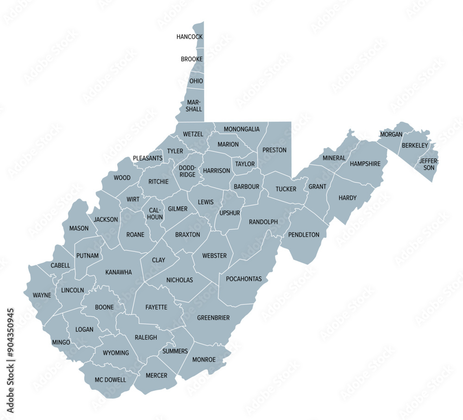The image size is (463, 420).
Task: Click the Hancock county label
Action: coord(190,37)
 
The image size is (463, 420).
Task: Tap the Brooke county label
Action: coord(192,59)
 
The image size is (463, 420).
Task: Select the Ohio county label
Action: coord(196,81)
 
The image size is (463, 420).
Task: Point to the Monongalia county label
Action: coord(242,129)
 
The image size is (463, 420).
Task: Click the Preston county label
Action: coord(275,150)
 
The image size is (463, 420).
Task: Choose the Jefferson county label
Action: coord(429,164)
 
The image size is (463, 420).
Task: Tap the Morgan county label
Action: coord(391,135)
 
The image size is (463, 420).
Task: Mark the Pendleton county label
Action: coord(304,235)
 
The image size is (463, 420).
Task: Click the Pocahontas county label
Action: coord(244,279)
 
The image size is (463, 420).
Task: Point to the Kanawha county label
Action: coord(119,272)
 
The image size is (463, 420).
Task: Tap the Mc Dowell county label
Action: coord(110,380)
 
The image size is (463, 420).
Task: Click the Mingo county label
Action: coord(61,342)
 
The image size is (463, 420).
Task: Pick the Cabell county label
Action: coord(61,266)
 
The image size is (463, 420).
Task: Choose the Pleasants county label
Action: coord(148,158)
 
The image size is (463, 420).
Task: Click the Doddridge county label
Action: coord(188,172)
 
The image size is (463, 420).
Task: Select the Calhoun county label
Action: coord(155,213)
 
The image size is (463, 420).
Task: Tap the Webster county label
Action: coord(214,255)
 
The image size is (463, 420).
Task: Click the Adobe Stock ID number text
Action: coord(11,361)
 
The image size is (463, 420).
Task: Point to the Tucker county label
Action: coord(286,189)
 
